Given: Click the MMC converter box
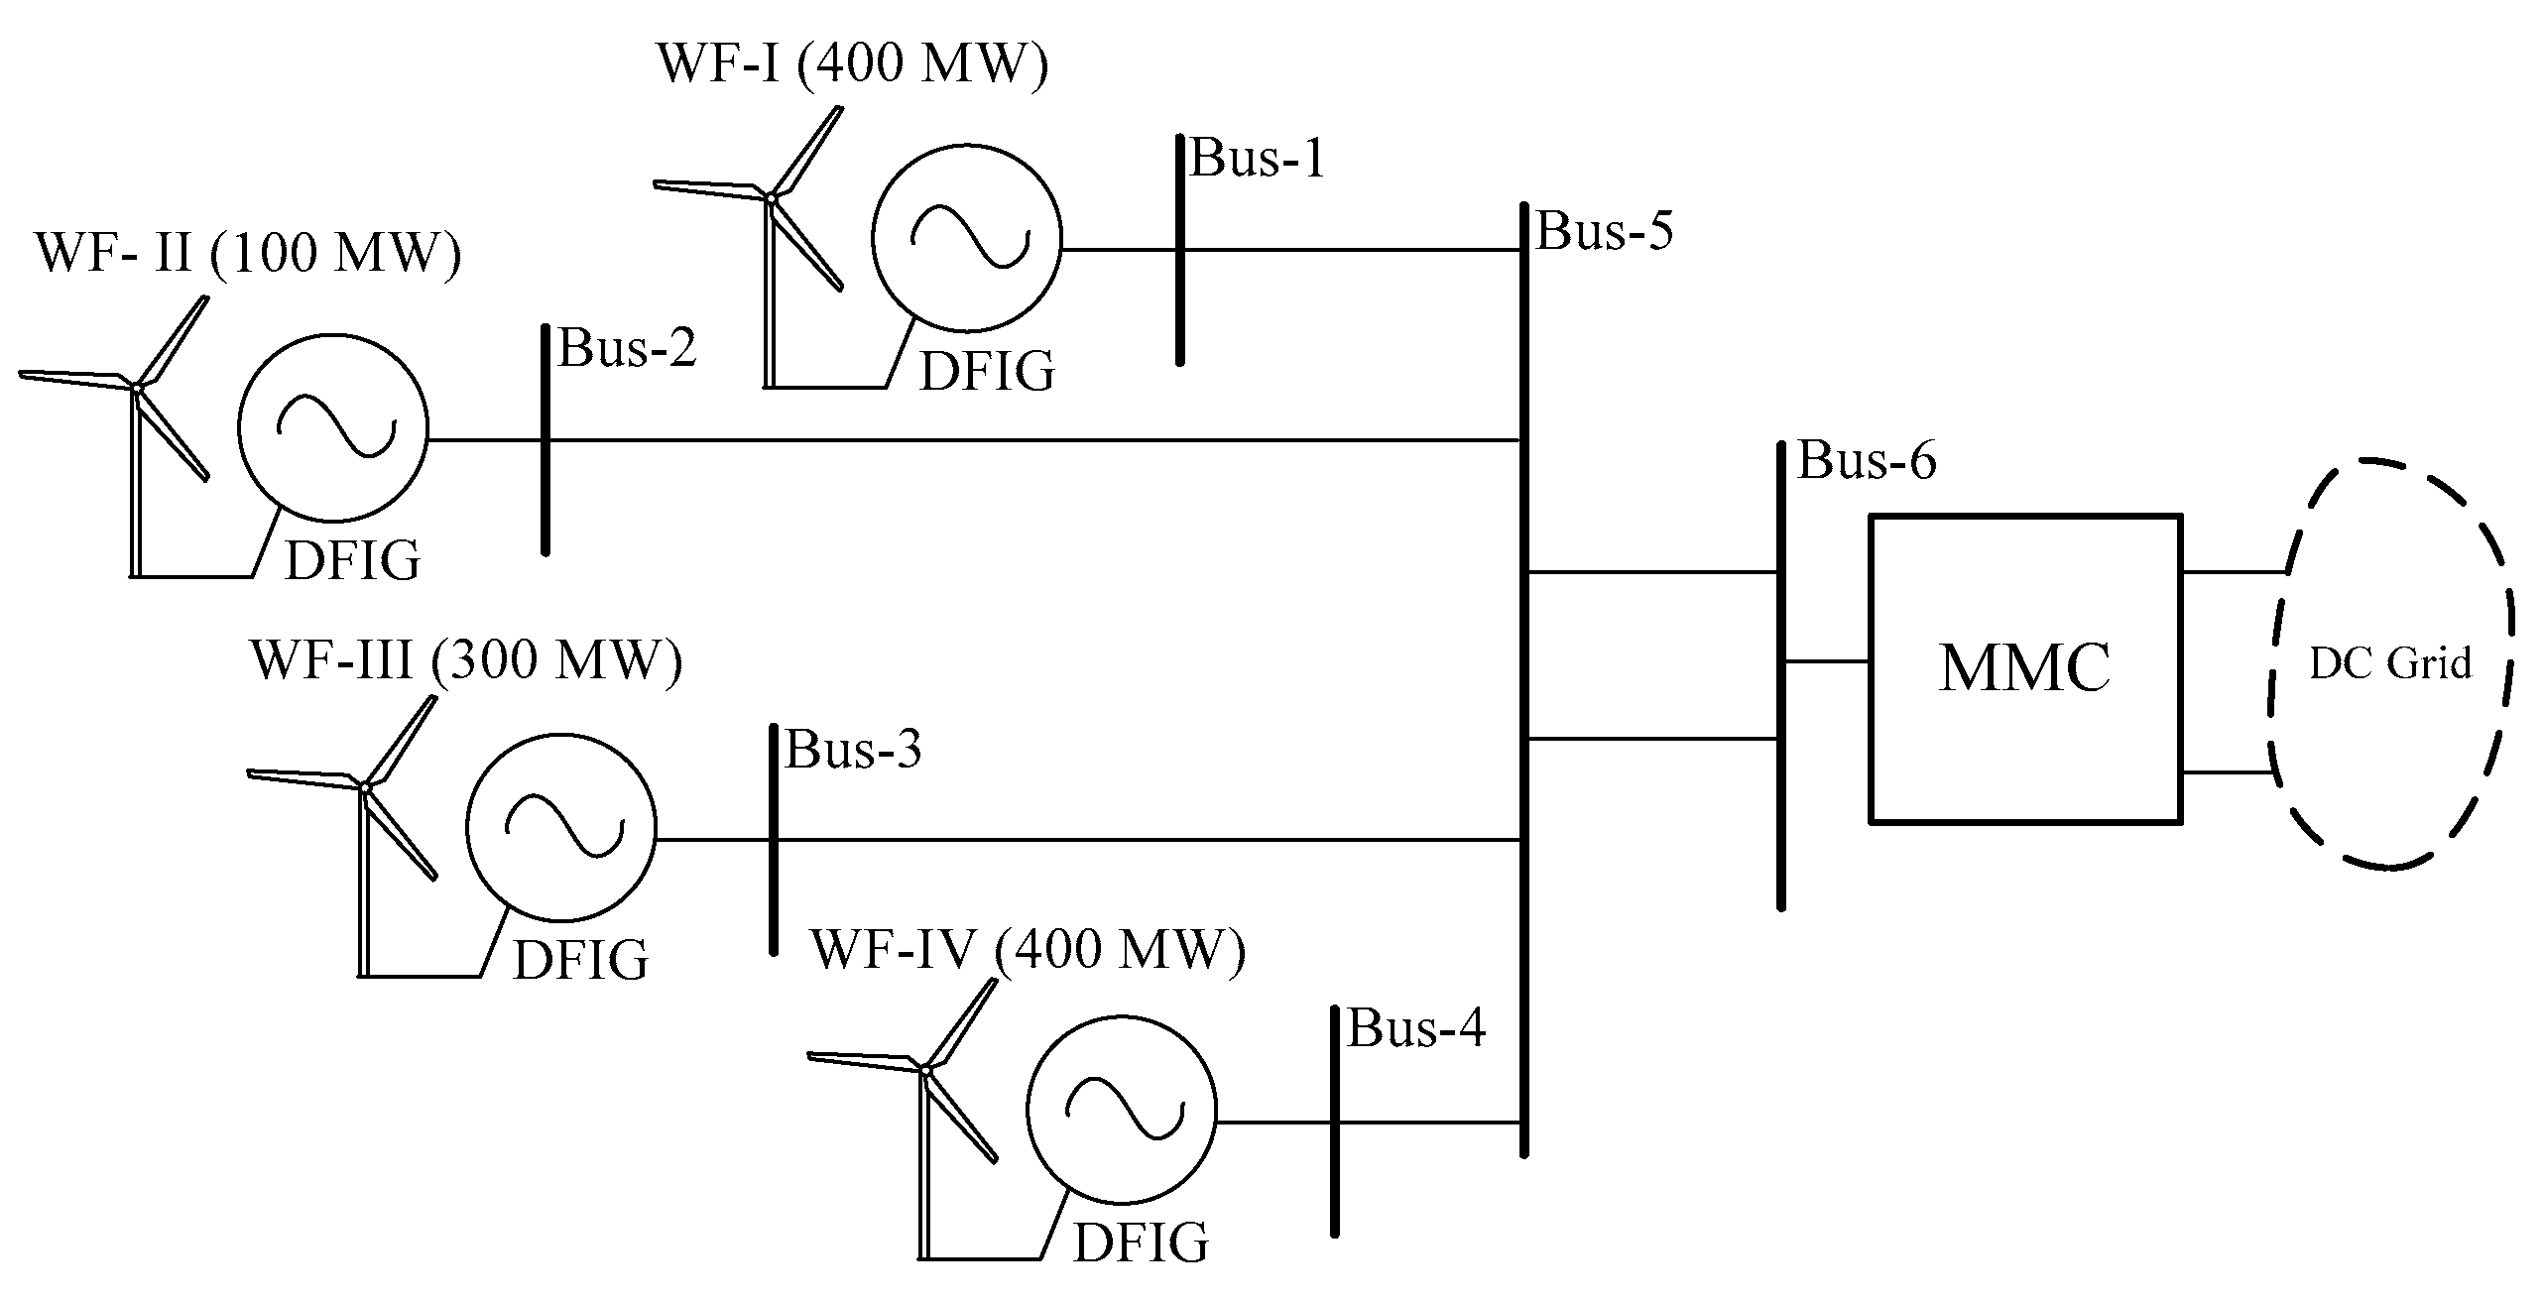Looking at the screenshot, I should (2024, 667).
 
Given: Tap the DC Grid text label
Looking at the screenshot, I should (2389, 663).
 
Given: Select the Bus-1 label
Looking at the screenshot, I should (1257, 159).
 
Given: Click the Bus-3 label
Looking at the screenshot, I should (853, 750).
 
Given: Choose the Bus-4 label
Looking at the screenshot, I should (1415, 1028).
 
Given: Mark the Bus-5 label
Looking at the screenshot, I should (1604, 231).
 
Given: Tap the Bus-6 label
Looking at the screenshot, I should (1866, 461).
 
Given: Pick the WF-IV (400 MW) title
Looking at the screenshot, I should (1028, 949).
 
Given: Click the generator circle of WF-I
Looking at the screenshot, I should (967, 239).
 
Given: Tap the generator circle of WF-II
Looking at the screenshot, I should (333, 427).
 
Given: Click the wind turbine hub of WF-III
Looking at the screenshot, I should (365, 787).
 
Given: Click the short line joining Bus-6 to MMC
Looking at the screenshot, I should (1826, 661).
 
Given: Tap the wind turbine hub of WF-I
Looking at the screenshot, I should (771, 198).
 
